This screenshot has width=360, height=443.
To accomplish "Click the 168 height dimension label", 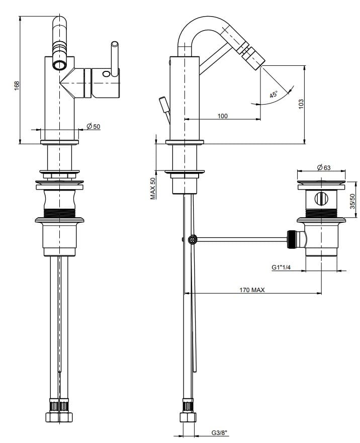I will point(16,85).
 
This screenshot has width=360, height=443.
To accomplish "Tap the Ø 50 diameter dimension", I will point(94,126).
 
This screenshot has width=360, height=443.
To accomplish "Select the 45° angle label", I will point(274,95).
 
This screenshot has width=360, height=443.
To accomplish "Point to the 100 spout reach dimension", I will point(222,116).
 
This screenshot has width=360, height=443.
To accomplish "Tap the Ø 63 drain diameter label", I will point(323,168).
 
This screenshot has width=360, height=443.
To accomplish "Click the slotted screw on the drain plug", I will point(320,198).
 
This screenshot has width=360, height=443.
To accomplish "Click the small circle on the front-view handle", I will point(106,74).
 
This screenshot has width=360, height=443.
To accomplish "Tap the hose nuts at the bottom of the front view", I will point(59,412).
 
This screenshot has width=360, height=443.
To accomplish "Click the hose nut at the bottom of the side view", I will point(188,412).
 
